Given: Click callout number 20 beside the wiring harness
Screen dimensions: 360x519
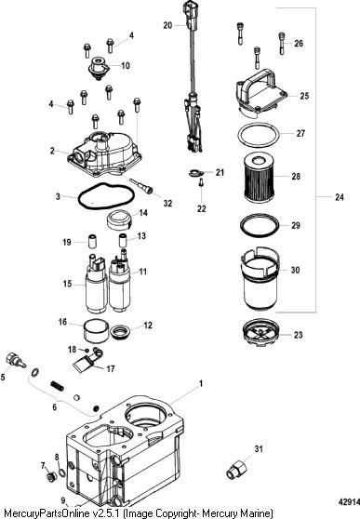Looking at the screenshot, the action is coord(167,25).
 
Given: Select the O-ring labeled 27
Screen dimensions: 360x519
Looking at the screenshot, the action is coord(259,136).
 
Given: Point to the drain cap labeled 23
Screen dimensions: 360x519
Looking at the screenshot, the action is coord(260,333).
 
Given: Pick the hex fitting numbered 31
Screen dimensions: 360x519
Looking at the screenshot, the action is coord(236,471).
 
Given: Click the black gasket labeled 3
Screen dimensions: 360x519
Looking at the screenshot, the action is coord(106,196).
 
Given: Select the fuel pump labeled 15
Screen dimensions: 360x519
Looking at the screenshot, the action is coord(97,284).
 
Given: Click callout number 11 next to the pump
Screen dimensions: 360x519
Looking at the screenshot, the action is coord(142,272).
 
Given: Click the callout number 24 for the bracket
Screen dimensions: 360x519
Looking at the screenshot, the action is coord(340,197).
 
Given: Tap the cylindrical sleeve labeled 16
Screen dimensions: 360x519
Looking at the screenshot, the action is coord(96,330).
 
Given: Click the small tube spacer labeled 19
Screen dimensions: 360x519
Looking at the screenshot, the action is coord(92,241).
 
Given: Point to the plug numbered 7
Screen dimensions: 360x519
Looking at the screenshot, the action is coord(51,477).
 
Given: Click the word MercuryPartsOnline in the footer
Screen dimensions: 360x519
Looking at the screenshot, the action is coord(47,512).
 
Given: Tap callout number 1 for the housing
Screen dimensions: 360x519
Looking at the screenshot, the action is coord(200,384).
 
